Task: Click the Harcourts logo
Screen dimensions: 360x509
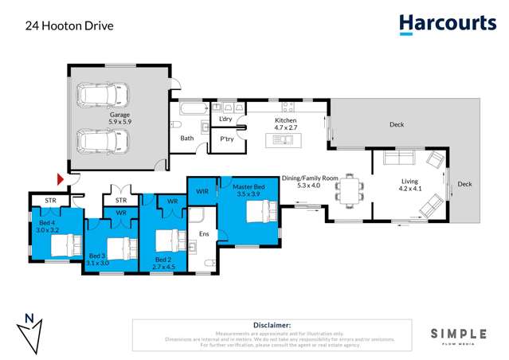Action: (x=447, y=24)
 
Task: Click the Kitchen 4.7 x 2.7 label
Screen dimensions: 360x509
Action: (x=285, y=123)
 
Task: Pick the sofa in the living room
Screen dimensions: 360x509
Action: (x=403, y=156)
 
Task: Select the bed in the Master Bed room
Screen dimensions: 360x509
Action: (x=260, y=212)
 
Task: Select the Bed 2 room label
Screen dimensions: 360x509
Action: (x=163, y=264)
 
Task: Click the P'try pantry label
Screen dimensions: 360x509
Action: (x=227, y=139)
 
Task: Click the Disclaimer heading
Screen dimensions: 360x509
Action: (x=272, y=326)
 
